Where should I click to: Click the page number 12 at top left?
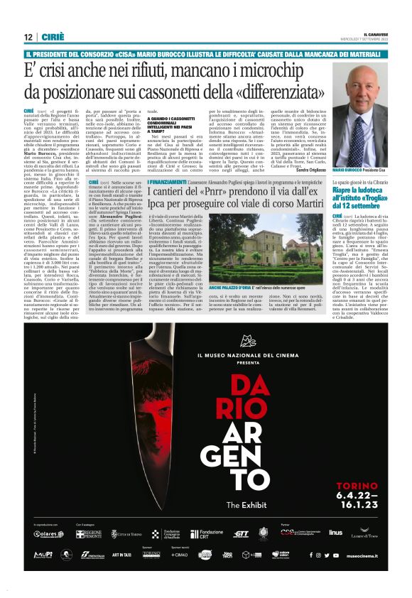(28, 37)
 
